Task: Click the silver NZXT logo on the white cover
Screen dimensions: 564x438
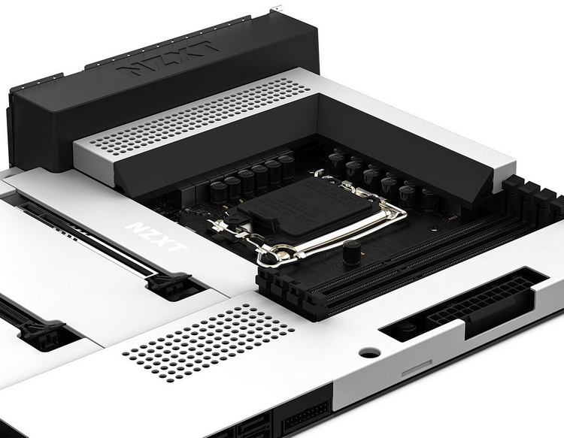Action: [x=156, y=237]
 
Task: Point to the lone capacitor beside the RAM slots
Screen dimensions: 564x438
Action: [x=352, y=252]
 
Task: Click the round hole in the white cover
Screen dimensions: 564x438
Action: [x=369, y=354]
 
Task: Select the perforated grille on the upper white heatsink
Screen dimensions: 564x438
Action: [x=199, y=113]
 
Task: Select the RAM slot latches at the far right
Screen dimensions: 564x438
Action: [x=532, y=198]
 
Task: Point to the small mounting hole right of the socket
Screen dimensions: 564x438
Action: [x=435, y=228]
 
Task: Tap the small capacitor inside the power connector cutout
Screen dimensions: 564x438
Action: [x=408, y=328]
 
